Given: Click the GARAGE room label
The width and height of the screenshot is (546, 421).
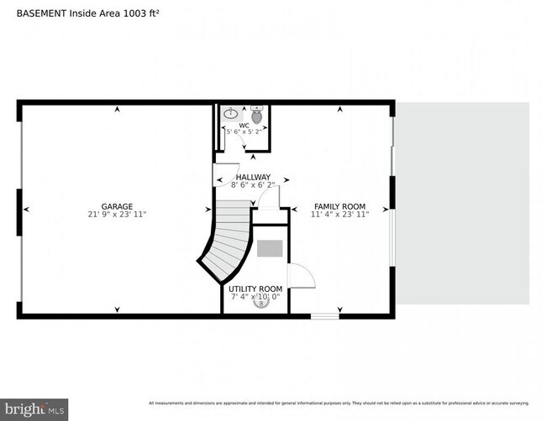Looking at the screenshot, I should point(117,205).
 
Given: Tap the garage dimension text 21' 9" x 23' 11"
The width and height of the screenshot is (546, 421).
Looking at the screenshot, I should point(117,215).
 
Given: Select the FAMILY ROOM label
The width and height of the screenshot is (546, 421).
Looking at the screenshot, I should point(339,206).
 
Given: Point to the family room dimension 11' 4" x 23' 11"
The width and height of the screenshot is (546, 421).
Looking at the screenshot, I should point(339,215).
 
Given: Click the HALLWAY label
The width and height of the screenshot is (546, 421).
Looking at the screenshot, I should point(253,177).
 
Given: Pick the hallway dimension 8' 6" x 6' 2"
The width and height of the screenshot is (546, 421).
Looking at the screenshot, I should point(253,185).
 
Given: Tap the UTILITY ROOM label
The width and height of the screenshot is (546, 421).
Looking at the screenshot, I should point(255,288).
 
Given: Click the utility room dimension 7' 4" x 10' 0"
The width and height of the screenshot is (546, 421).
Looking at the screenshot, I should point(255,297).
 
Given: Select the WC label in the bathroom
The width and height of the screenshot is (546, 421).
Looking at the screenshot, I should point(244,126).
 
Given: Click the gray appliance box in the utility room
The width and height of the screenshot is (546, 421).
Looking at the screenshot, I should point(270,248).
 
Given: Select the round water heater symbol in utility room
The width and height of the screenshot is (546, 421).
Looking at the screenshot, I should point(260,304).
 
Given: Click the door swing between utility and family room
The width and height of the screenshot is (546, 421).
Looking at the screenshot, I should point(299,276).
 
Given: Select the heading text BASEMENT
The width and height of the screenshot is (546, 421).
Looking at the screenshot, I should point(43,13).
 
